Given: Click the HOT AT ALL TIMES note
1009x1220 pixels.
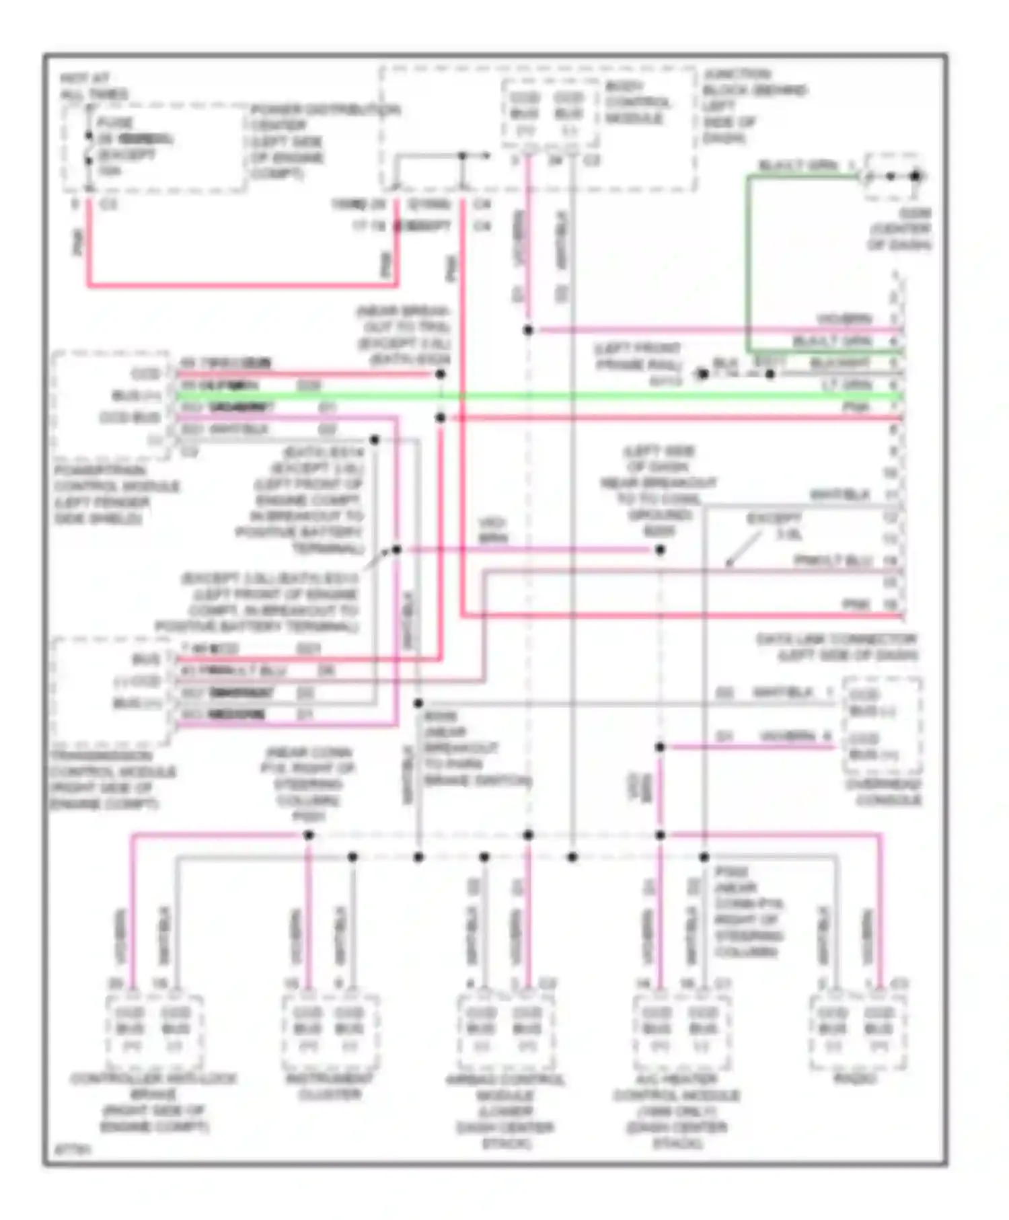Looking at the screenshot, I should click(94, 86).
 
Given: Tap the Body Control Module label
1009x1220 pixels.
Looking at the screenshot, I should click(636, 102).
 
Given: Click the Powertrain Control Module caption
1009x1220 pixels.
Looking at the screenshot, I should click(116, 494).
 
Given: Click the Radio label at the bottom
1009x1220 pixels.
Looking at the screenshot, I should click(855, 1078).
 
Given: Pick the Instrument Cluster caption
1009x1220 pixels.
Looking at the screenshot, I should click(329, 1086).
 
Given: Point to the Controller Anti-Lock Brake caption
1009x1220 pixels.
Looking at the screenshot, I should click(153, 1102).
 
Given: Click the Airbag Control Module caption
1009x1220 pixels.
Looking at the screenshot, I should click(506, 1110).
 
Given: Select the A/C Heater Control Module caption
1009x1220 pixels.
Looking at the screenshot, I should click(676, 1110).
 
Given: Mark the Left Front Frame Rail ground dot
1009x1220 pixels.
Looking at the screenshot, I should click(702, 374).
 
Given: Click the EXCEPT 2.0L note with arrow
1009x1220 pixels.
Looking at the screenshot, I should click(774, 526).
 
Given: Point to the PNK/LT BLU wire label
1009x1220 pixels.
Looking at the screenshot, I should click(833, 560).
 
